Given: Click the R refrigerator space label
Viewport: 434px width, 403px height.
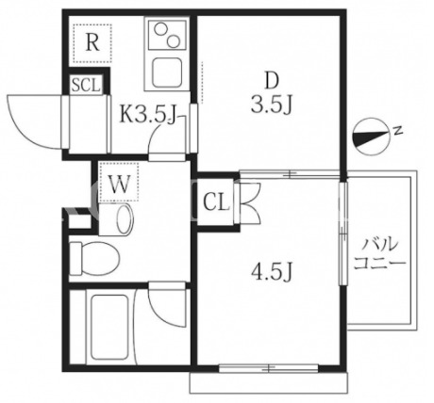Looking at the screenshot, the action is coord(92,43).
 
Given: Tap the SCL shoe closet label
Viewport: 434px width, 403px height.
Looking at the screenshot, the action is coord(86,84).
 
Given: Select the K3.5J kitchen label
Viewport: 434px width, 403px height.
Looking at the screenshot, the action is coord(147,114).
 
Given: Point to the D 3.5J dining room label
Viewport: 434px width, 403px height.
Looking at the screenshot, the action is coord(272,93).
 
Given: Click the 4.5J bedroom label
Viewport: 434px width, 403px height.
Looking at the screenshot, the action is coord(272,272).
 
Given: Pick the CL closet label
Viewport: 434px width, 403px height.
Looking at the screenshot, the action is coord(216,201).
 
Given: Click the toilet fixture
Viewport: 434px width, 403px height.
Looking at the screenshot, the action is coord(94,258).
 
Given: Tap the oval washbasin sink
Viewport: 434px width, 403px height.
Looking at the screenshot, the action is coord(125,218).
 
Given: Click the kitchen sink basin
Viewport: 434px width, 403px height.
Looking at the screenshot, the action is coord(167,73).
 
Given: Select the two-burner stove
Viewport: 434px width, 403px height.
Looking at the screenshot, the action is coord(167,35).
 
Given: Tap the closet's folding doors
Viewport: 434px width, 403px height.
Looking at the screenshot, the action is coord(250,202).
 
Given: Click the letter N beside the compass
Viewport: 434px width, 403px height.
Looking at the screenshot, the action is coord(398,130).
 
